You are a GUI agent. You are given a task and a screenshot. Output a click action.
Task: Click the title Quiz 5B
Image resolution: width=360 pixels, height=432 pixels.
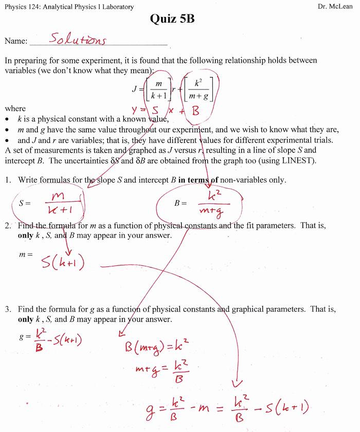(172, 20)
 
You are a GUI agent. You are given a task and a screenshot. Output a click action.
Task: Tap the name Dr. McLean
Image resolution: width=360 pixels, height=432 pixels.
(334, 7)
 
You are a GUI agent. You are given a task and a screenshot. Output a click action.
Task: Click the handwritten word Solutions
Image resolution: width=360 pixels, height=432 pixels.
(78, 40)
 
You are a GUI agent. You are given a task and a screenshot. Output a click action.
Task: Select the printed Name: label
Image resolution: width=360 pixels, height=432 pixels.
(16, 41)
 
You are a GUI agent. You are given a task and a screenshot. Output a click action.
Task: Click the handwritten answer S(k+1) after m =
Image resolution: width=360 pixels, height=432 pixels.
(63, 263)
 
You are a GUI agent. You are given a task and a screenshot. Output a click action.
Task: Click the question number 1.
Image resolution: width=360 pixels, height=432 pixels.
(8, 180)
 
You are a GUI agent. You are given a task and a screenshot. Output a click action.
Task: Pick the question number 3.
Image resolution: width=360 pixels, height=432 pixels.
(8, 310)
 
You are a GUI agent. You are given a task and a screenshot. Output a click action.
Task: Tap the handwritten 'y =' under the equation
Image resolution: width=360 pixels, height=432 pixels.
(137, 110)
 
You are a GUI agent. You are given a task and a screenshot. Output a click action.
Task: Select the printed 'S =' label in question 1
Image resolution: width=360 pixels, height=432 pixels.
(25, 203)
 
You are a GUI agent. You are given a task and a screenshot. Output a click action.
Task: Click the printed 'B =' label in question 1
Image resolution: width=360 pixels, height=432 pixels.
(181, 203)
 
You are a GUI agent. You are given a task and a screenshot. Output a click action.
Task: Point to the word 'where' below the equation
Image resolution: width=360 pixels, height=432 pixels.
(15, 109)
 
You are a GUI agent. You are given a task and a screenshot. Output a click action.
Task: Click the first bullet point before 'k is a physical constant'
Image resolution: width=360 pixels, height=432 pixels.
(8, 119)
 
